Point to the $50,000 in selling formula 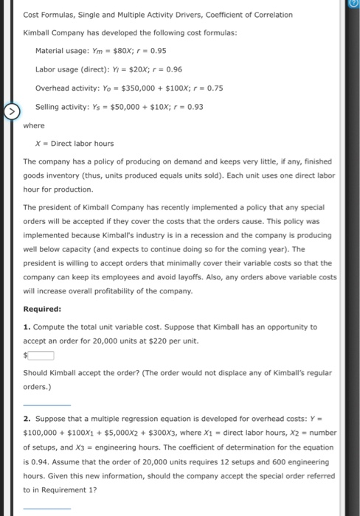tap(126, 107)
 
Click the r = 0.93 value tap(187, 107)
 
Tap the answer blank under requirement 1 tap(47, 404)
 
